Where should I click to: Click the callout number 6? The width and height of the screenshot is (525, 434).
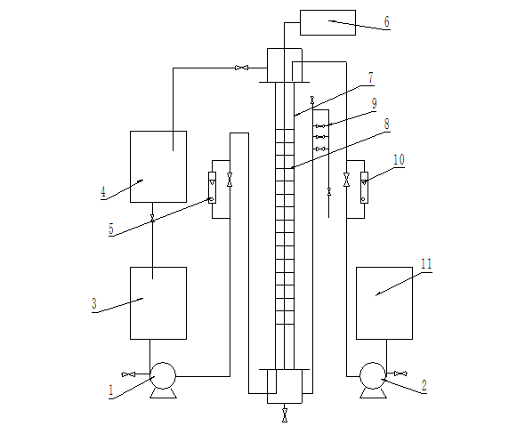click(x=387, y=21)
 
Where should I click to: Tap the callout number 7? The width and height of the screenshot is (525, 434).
click(x=371, y=77)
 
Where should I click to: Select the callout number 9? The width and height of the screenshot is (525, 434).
click(x=375, y=103)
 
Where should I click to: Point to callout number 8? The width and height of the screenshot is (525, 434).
click(x=387, y=124)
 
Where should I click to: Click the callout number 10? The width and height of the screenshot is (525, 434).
click(x=399, y=159)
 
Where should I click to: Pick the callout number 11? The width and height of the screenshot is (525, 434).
click(x=426, y=264)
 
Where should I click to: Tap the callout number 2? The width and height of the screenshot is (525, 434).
click(x=424, y=385)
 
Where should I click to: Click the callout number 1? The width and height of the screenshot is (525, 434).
click(x=111, y=390)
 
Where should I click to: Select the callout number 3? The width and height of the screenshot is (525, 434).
click(x=94, y=303)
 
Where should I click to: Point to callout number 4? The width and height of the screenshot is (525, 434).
click(x=103, y=192)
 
